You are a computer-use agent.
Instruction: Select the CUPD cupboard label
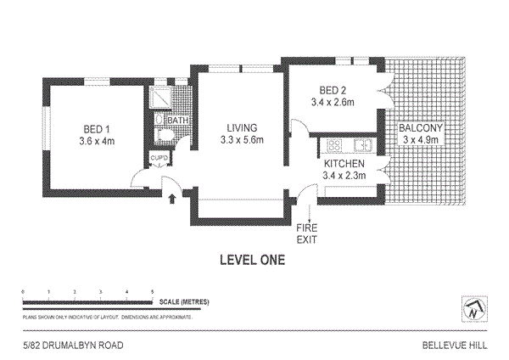[159, 159]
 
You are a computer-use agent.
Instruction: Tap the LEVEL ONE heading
[252, 261]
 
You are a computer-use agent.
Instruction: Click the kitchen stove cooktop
[330, 143]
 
